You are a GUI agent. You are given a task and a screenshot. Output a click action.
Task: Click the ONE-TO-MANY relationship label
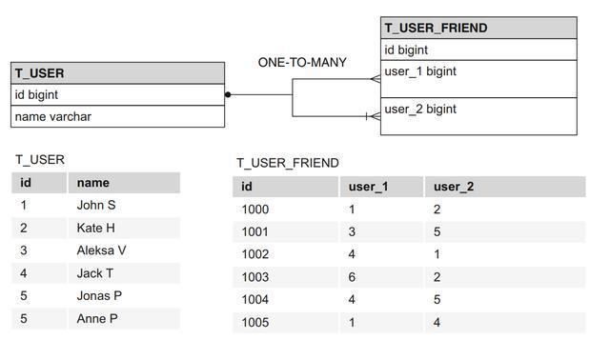(302, 63)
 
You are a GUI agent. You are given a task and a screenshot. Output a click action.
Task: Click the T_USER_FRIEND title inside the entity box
(436, 28)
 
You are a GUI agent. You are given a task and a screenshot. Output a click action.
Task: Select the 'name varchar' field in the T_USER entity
(52, 117)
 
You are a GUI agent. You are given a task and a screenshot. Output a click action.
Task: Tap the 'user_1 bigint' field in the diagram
(420, 71)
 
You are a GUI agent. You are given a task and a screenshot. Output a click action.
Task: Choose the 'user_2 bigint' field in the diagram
(420, 110)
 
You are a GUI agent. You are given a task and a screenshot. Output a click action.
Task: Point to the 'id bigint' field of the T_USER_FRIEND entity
(406, 50)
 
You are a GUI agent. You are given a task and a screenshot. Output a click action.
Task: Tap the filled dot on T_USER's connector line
(228, 94)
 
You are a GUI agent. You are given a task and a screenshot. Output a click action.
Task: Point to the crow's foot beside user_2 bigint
(374, 116)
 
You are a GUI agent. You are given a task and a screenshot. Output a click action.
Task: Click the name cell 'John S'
(96, 205)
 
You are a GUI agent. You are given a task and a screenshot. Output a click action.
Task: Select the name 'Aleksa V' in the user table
(101, 250)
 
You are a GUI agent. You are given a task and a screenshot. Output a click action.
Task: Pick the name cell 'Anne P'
(97, 319)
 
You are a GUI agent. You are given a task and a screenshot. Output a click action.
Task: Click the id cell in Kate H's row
(24, 228)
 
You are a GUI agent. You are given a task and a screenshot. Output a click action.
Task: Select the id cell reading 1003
(255, 277)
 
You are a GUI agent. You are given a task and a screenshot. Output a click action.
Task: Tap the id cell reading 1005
(255, 323)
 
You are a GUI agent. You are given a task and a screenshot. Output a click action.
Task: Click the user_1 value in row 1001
(352, 231)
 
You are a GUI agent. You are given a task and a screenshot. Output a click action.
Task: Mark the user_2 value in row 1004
(437, 300)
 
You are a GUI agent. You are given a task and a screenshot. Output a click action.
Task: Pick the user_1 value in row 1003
(352, 277)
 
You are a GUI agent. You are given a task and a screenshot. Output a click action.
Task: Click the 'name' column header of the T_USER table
(93, 183)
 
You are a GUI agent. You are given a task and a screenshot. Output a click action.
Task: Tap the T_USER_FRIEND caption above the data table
(288, 163)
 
